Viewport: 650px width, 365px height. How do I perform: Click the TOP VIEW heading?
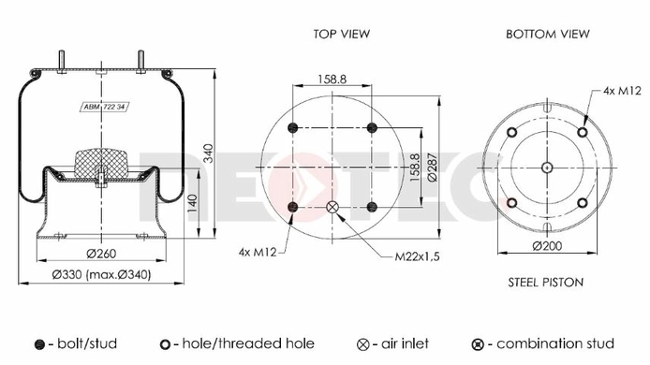click(x=341, y=34)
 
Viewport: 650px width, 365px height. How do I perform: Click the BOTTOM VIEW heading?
click(x=547, y=34)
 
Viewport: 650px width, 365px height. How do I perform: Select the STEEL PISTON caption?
click(x=545, y=283)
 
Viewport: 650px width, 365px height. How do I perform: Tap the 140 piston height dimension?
click(x=192, y=204)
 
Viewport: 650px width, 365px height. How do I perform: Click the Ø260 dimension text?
click(x=101, y=253)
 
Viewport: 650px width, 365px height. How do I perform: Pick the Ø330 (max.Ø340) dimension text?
click(x=101, y=274)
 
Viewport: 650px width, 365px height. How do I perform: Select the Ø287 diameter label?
click(x=433, y=168)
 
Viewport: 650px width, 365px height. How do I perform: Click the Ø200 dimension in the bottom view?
click(x=547, y=246)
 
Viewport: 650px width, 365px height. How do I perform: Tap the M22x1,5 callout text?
click(x=417, y=256)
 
